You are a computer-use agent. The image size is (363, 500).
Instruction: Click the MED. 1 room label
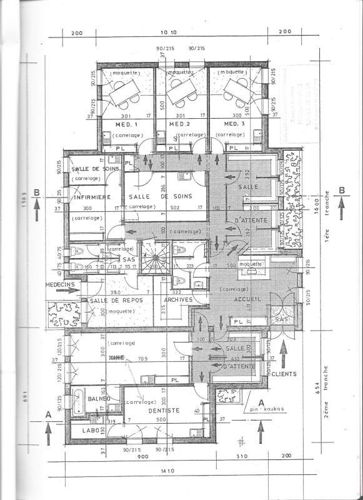coord(126,124)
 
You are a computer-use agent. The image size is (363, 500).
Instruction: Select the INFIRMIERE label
coord(92,198)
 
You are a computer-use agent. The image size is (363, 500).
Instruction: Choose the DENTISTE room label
coord(164,411)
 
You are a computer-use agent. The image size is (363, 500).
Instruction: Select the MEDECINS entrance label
coord(59,284)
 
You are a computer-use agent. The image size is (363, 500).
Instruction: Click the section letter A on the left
coord(48,414)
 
